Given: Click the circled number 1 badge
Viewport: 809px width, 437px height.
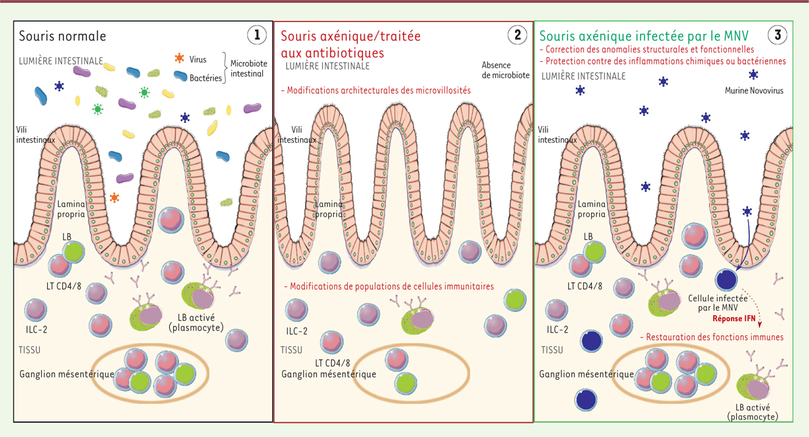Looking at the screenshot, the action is coord(257,35).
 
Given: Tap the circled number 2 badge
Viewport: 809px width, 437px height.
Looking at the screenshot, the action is coord(517,35).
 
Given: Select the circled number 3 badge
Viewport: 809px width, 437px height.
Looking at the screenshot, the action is coord(777,35).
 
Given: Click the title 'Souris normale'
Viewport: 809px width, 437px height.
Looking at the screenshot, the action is coord(63,36).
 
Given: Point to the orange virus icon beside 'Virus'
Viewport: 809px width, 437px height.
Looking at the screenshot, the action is coord(179,58).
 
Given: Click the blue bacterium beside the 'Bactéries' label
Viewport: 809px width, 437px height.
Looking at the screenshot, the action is coord(180,75).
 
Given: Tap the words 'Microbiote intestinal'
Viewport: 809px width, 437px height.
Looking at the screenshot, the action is coord(249,69).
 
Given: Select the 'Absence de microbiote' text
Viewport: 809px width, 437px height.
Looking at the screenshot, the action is coord(506,70).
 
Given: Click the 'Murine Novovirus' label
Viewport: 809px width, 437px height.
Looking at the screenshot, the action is coord(754,91).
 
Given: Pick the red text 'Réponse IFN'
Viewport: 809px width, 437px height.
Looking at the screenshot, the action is coord(734,318).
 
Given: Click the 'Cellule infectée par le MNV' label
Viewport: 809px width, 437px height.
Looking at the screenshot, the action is coord(717,303).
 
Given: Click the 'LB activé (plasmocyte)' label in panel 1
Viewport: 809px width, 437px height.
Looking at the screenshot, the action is coord(196,323).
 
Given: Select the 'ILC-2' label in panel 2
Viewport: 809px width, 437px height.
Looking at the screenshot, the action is coord(297,331).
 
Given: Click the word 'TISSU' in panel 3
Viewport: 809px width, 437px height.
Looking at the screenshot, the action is coord(552,349).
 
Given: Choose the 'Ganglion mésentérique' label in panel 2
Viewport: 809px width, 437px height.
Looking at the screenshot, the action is coord(329,374).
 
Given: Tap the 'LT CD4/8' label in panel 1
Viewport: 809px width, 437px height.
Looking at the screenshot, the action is coord(64,287).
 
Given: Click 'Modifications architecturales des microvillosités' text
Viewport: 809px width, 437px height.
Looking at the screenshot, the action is coord(376,90).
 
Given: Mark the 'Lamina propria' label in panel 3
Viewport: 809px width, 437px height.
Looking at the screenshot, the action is coord(592,209).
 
